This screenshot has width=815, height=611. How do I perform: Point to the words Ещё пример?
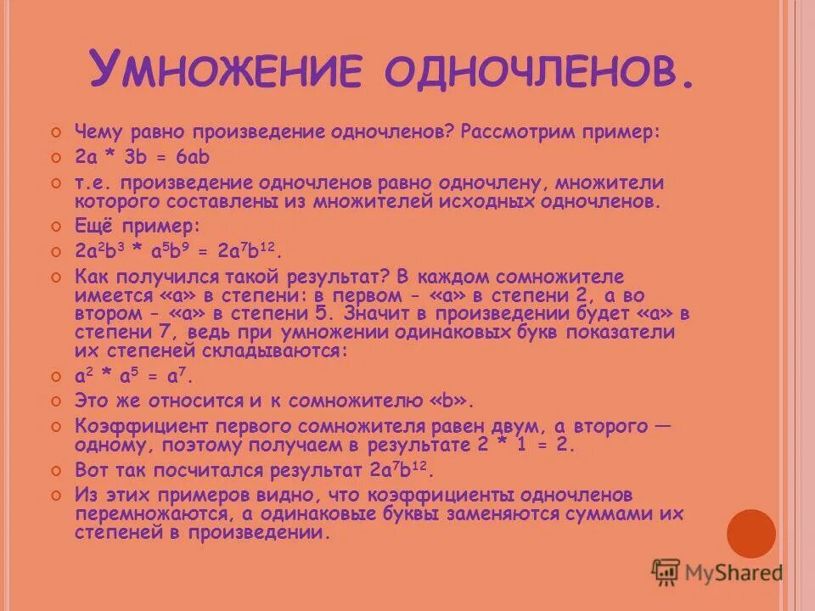[138, 227]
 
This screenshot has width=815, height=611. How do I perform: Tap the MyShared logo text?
[735, 573]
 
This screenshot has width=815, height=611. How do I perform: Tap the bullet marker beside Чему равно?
[56, 133]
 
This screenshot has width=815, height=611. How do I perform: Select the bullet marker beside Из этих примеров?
[56, 496]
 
